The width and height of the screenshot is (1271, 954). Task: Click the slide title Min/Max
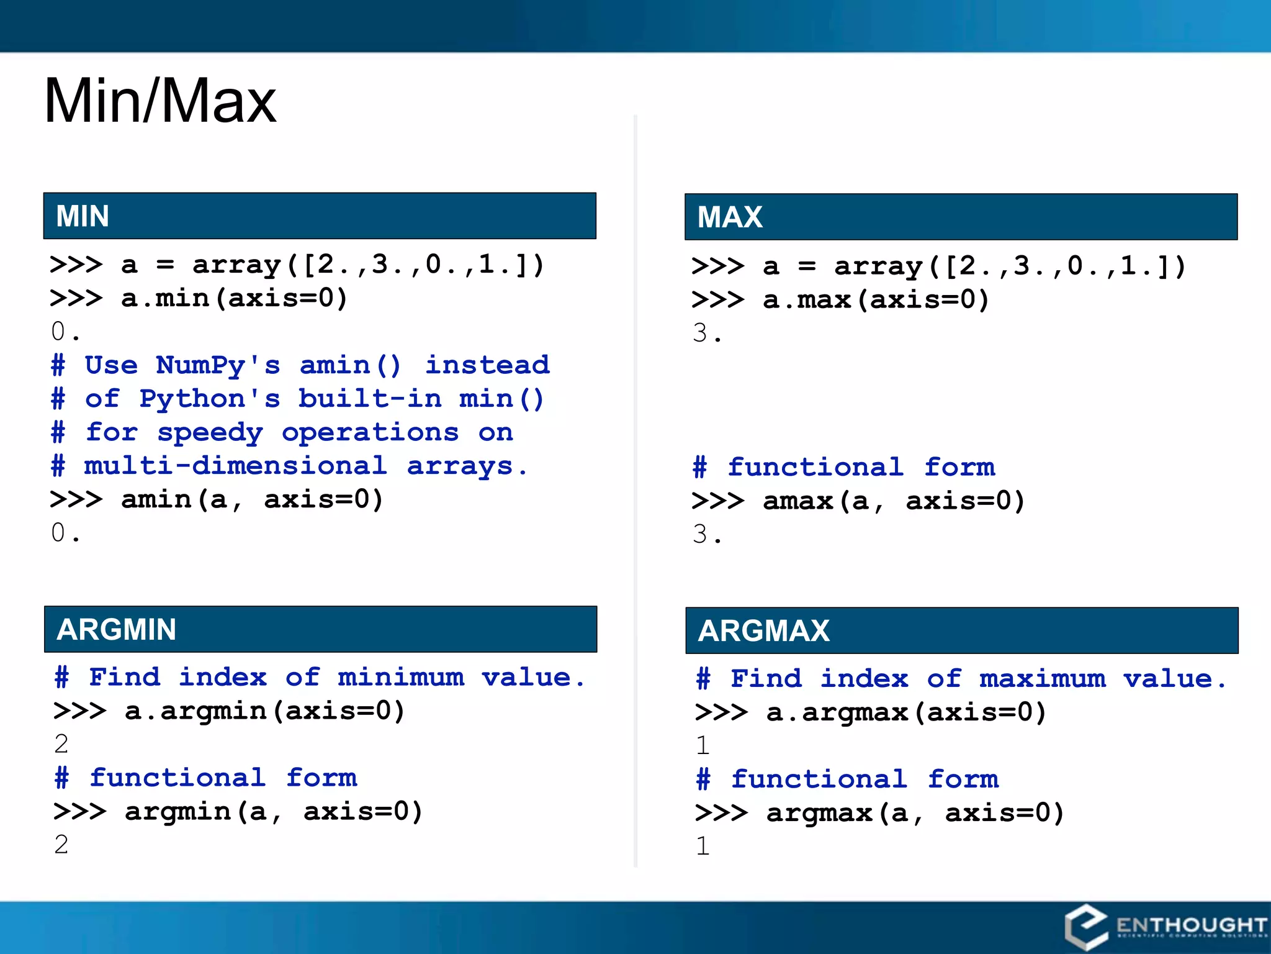pyautogui.click(x=160, y=101)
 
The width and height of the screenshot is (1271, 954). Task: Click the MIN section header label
pyautogui.click(x=83, y=216)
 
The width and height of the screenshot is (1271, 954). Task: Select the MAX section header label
pyautogui.click(x=730, y=217)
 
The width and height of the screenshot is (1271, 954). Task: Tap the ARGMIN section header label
pyautogui.click(x=117, y=629)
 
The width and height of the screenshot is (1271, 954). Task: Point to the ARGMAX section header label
pyautogui.click(x=764, y=631)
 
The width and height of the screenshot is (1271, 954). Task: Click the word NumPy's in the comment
pyautogui.click(x=218, y=365)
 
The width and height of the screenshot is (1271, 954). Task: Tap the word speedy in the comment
pyautogui.click(x=210, y=432)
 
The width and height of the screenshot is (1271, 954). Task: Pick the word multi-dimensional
pyautogui.click(x=235, y=466)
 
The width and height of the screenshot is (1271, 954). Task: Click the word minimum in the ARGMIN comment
pyautogui.click(x=401, y=677)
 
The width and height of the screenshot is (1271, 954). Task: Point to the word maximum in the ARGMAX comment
pyautogui.click(x=1043, y=679)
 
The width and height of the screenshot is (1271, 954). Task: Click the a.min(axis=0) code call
pyautogui.click(x=234, y=299)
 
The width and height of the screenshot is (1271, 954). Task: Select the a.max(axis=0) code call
pyautogui.click(x=876, y=300)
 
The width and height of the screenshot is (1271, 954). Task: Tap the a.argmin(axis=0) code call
pyautogui.click(x=264, y=711)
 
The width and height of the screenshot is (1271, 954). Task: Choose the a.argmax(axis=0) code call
pyautogui.click(x=906, y=712)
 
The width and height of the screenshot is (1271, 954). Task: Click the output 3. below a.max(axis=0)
pyautogui.click(x=707, y=334)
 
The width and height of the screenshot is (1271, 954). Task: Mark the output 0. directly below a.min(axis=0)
pyautogui.click(x=65, y=332)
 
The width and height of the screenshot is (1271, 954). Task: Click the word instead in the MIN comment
pyautogui.click(x=487, y=365)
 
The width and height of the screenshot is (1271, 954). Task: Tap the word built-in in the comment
pyautogui.click(x=370, y=399)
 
